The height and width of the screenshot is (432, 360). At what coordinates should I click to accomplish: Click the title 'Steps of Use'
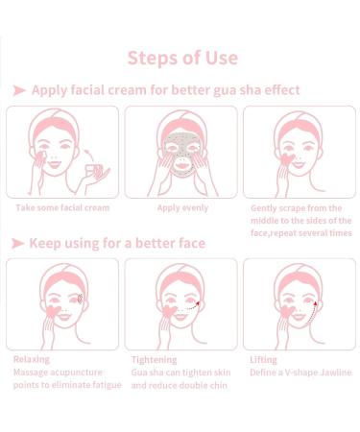pos(181,57)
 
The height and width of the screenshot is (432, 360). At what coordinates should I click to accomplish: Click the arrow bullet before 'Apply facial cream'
pos(18,90)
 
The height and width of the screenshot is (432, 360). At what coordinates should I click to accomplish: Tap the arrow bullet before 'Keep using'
pos(18,243)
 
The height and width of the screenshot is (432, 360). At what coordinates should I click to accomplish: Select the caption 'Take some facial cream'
pos(61,207)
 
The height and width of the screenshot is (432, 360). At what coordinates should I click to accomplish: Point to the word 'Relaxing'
pos(32,359)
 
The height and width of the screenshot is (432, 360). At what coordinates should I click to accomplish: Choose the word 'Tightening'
pos(156,359)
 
